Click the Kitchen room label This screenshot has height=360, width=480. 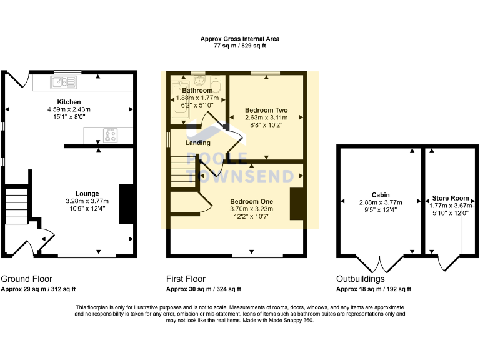[69, 102]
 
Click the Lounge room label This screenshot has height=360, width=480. [87, 194]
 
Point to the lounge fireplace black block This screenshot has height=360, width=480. [127, 203]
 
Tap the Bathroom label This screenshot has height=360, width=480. [197, 91]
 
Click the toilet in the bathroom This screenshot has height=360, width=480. [216, 83]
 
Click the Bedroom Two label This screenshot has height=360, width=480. [266, 110]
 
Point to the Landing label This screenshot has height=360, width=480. [197, 143]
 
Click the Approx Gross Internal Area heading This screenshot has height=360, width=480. [240, 39]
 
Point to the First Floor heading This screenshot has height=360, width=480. [186, 279]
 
